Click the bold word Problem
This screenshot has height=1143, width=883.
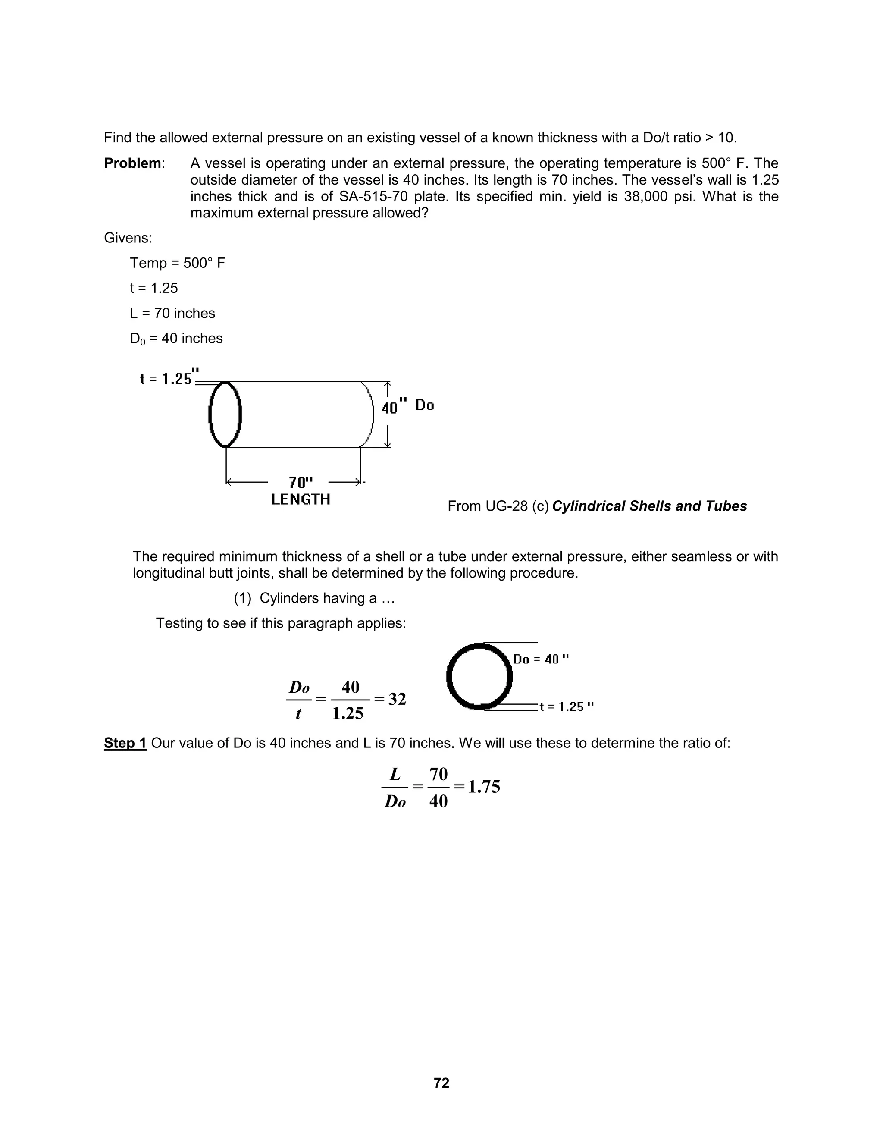pyautogui.click(x=132, y=164)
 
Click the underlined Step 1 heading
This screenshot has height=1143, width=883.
pyautogui.click(x=125, y=743)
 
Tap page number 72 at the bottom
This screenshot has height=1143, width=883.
pyautogui.click(x=441, y=1083)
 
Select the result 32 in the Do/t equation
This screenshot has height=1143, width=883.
pyautogui.click(x=397, y=699)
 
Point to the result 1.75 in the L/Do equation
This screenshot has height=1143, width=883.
pyautogui.click(x=484, y=787)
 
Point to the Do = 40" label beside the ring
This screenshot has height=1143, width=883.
pyautogui.click(x=541, y=659)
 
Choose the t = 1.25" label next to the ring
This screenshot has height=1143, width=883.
pyautogui.click(x=567, y=707)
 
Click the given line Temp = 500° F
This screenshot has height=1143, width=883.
pyautogui.click(x=177, y=263)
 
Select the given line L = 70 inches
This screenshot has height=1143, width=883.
pyautogui.click(x=172, y=313)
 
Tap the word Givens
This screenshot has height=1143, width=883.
pyautogui.click(x=128, y=238)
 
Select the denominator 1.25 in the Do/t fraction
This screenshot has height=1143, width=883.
pyautogui.click(x=348, y=713)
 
